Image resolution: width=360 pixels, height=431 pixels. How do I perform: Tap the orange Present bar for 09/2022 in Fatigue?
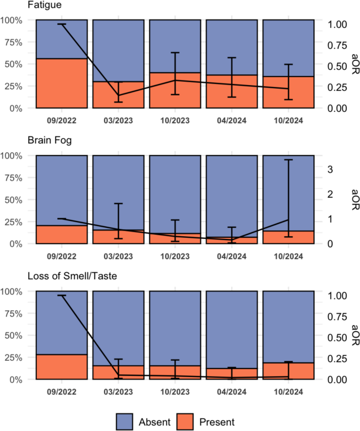(61, 83)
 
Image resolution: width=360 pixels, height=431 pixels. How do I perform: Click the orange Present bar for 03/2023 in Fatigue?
(118, 95)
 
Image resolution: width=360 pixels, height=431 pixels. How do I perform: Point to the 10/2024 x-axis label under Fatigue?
(288, 119)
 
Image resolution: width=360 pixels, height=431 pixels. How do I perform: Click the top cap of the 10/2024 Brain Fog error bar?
(288, 160)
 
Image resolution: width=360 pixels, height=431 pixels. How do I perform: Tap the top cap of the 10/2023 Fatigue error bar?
(174, 52)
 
